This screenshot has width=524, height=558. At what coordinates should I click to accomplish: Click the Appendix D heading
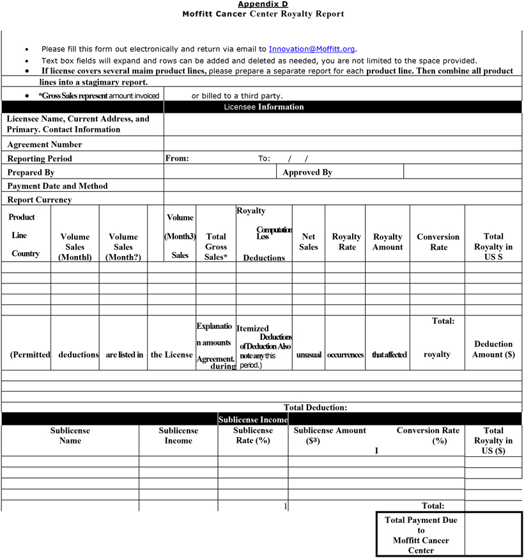coord(263,4)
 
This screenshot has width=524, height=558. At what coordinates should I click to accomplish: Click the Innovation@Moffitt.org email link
coord(312,49)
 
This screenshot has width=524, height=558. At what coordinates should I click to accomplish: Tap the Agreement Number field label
coord(45,145)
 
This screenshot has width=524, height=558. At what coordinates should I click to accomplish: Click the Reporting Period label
coord(40,159)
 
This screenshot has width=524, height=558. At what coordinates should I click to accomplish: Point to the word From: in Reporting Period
coord(177,159)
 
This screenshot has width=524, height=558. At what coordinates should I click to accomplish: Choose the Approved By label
coord(307,172)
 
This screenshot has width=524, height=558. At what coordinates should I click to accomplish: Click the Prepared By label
coord(31,172)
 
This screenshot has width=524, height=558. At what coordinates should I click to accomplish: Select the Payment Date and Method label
coord(58,186)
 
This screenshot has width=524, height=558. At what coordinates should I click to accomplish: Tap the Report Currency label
coord(40,200)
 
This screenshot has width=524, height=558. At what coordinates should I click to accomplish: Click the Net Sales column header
coord(309,242)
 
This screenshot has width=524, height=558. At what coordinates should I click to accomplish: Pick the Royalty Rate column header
coord(346,242)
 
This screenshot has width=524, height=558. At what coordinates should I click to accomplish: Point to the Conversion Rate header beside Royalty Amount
coord(438,242)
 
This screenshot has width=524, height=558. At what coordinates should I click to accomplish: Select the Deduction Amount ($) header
coord(493,349)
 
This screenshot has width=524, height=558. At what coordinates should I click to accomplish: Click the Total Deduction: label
coord(315,407)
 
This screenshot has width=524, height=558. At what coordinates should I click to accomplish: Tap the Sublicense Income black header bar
coord(253,419)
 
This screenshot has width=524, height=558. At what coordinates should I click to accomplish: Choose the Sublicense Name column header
coord(70,436)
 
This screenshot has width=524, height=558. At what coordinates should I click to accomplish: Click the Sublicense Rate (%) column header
coord(253,436)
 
